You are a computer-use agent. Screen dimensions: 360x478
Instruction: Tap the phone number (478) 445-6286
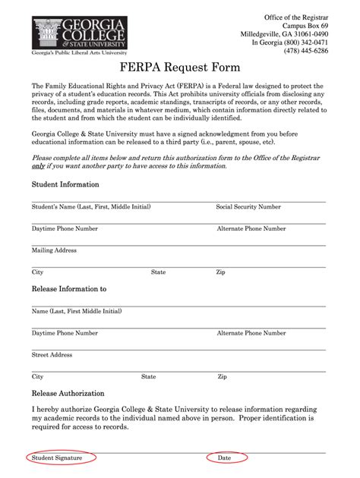click(306, 52)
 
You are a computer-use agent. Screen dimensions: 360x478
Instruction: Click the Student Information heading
click(65, 184)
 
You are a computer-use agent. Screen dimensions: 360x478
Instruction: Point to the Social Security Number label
click(248, 206)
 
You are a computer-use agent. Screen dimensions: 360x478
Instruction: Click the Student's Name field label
click(91, 206)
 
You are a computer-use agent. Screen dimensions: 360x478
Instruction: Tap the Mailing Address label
click(54, 250)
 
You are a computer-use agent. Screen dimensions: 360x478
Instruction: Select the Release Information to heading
click(68, 289)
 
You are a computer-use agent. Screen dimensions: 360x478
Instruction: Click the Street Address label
click(52, 354)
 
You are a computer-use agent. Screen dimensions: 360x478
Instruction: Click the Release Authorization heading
click(68, 394)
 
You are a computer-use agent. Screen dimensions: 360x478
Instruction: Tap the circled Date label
click(225, 458)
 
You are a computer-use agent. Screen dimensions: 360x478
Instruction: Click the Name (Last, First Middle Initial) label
click(77, 311)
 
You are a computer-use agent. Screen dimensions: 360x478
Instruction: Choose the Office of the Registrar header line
click(296, 17)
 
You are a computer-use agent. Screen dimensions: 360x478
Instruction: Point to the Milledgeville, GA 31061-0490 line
click(285, 34)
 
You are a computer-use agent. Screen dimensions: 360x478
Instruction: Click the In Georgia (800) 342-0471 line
click(290, 43)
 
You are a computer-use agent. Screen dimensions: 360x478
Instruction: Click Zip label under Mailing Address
click(220, 272)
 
